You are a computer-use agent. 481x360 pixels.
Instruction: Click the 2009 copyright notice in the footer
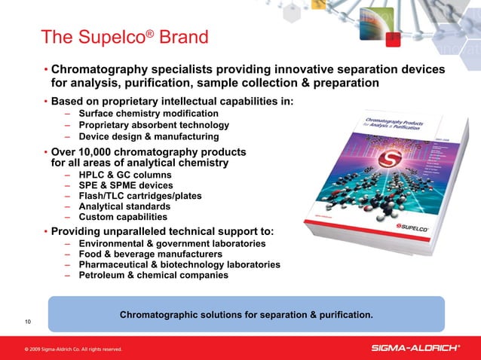click(72, 349)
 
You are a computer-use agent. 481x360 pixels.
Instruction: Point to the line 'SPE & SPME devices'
click(125, 185)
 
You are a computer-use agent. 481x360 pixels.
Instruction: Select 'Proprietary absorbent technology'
click(156, 125)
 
